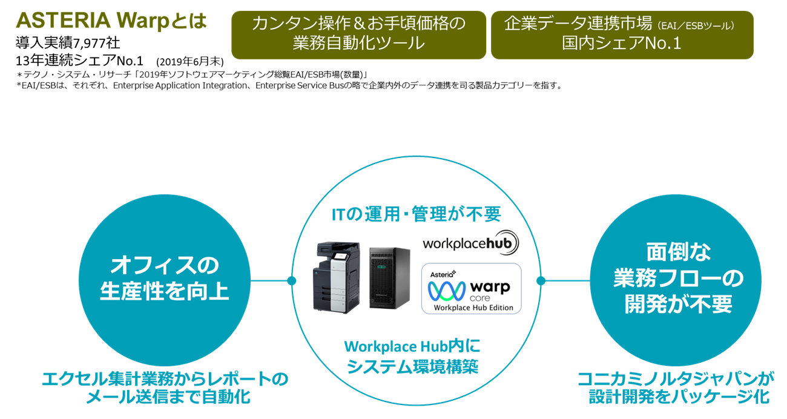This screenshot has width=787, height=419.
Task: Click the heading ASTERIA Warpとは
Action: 111,21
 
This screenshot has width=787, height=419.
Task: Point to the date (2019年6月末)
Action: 190,62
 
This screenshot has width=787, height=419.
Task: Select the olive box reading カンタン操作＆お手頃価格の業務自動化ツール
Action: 358,35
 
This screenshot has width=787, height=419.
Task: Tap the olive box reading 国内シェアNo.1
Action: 622,35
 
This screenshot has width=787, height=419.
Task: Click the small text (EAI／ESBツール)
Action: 696,25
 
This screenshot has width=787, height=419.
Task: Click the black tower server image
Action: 390,278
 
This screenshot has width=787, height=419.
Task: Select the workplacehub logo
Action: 470,243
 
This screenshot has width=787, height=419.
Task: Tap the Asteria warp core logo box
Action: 471,289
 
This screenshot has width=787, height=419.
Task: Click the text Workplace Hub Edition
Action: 473,308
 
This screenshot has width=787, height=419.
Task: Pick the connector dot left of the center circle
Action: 291,280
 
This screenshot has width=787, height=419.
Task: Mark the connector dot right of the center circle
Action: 541,280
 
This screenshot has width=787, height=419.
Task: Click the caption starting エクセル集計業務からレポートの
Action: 165,388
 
